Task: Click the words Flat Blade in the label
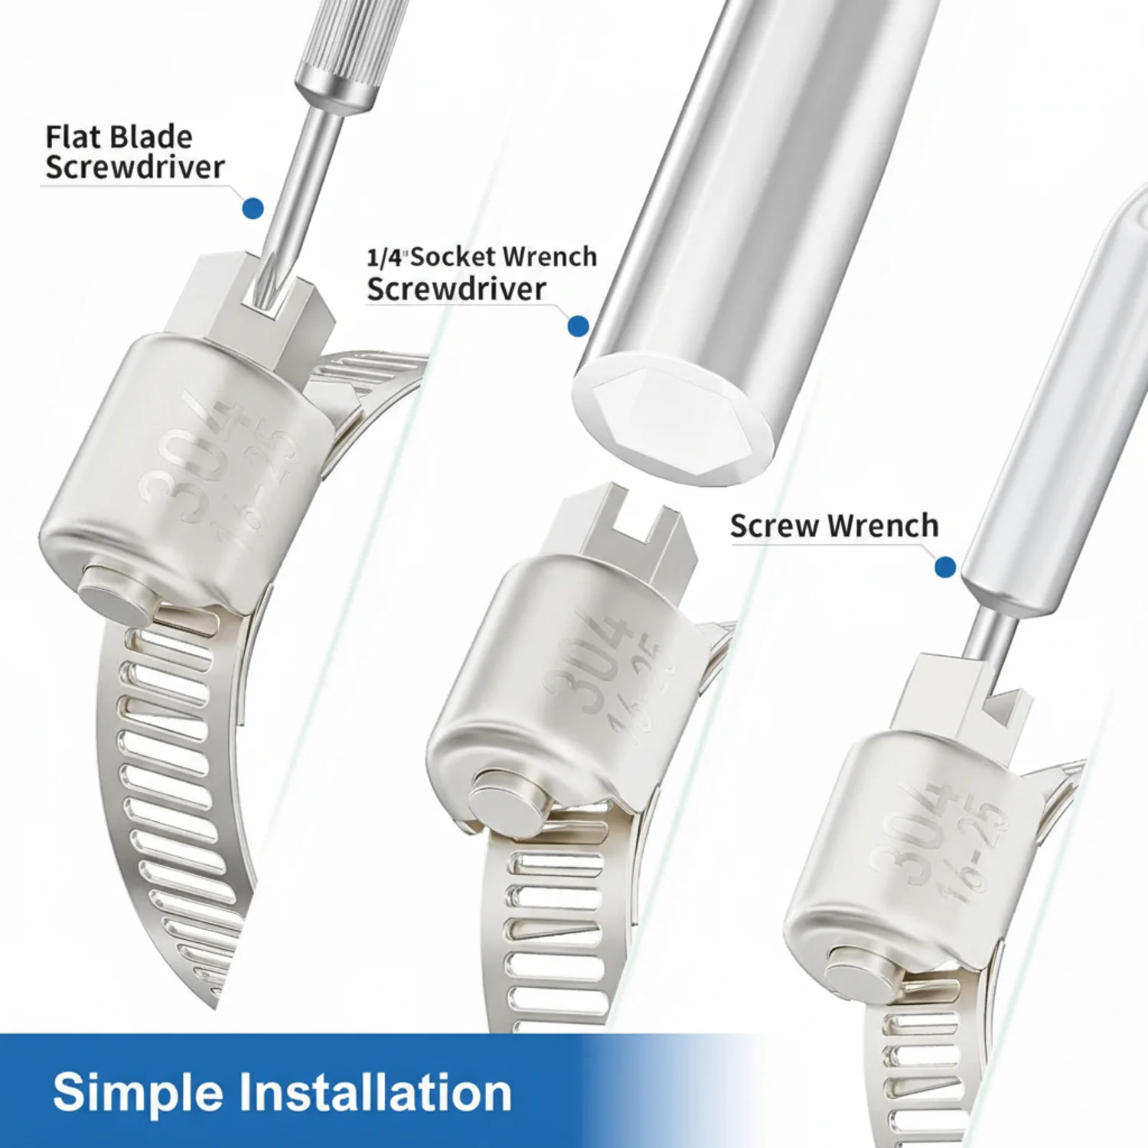119,137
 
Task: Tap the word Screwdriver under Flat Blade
135,167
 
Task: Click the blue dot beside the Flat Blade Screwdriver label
253,207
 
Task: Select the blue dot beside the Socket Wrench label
579,326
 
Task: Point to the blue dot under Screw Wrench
945,567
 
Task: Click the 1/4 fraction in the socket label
385,257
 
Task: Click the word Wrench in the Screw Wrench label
882,526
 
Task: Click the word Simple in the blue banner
137,1093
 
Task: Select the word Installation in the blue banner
375,1091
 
